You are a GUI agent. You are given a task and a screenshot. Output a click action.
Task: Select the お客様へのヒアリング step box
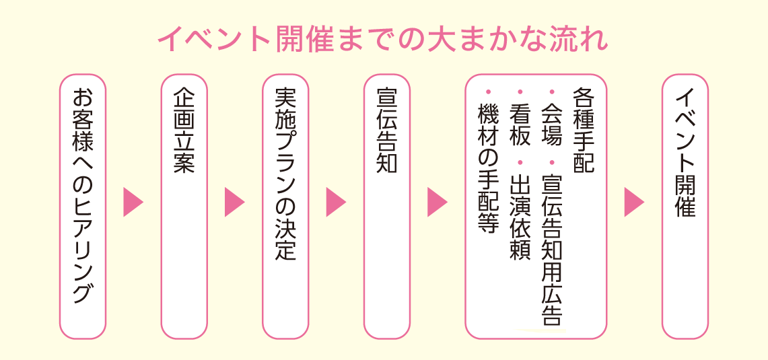coord(82,206)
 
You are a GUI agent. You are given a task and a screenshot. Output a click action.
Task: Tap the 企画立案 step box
coord(184,206)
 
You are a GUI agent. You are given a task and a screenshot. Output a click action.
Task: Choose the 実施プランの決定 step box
coord(285,206)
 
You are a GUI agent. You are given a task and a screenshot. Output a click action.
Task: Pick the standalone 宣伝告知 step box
coord(387,206)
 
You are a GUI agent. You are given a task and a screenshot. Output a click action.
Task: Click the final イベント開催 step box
coord(685,206)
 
